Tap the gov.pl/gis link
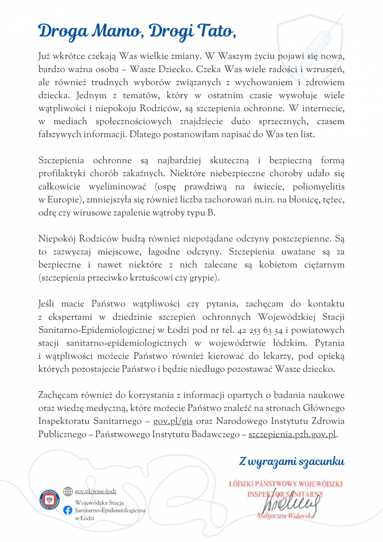pos(173,421)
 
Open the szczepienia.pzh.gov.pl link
pos(292,434)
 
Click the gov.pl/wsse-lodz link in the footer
pos(95,491)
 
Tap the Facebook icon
pos(68,510)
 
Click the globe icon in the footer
pos(68,491)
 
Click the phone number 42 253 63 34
pos(260,330)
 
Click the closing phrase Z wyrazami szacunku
pos(292,461)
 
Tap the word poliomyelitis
pos(319,187)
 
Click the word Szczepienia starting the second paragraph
pos(61,160)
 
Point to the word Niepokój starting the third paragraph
pos(57,239)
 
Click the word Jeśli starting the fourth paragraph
pos(46,304)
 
